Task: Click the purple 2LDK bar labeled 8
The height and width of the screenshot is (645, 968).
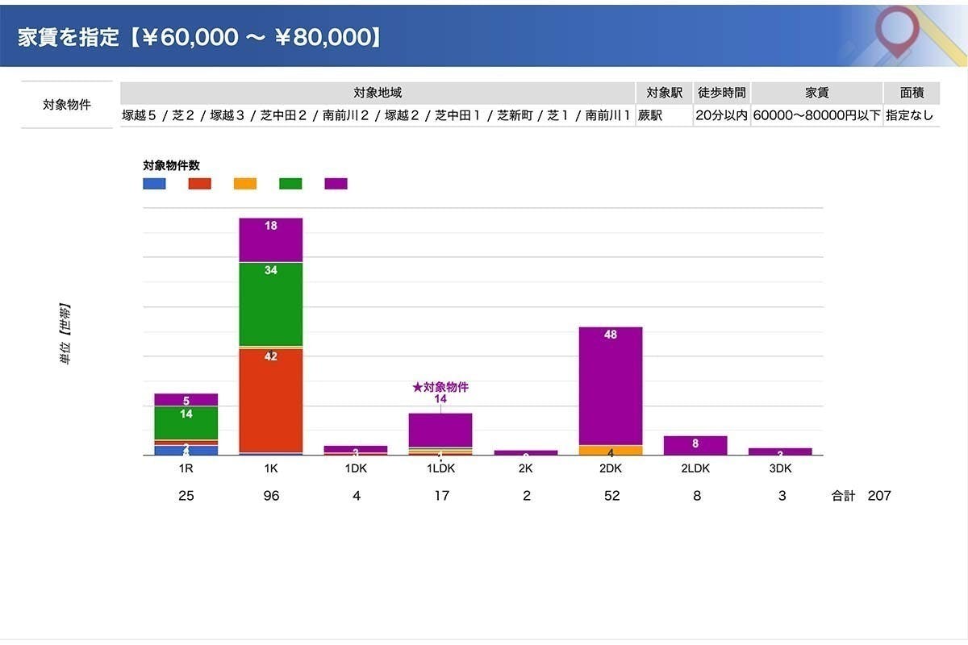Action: pyautogui.click(x=695, y=445)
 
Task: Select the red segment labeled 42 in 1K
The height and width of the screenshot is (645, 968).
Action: pyautogui.click(x=271, y=399)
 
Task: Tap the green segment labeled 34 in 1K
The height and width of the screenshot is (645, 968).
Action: pyautogui.click(x=271, y=303)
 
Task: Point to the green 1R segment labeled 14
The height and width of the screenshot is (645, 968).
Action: pyautogui.click(x=186, y=422)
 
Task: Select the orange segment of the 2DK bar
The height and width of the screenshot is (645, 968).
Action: pyautogui.click(x=611, y=451)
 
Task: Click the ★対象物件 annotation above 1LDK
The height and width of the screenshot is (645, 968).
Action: pyautogui.click(x=440, y=388)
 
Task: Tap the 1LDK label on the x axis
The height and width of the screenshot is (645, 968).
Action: pyautogui.click(x=440, y=467)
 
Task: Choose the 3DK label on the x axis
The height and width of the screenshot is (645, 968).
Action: pyautogui.click(x=781, y=467)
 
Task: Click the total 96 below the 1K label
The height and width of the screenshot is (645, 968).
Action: pyautogui.click(x=271, y=496)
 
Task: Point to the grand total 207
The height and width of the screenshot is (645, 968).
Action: pyautogui.click(x=879, y=496)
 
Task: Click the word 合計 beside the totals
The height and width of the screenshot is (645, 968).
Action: pyautogui.click(x=843, y=496)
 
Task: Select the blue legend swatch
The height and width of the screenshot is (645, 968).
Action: pyautogui.click(x=154, y=184)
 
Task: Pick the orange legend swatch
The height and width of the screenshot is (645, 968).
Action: pyautogui.click(x=245, y=184)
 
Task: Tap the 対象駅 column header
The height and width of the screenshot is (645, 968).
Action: pyautogui.click(x=665, y=93)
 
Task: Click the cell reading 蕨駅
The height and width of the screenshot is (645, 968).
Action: pyautogui.click(x=650, y=115)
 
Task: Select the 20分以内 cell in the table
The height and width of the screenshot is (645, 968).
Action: pyautogui.click(x=722, y=115)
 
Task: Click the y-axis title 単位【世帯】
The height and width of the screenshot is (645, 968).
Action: pyautogui.click(x=65, y=335)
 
